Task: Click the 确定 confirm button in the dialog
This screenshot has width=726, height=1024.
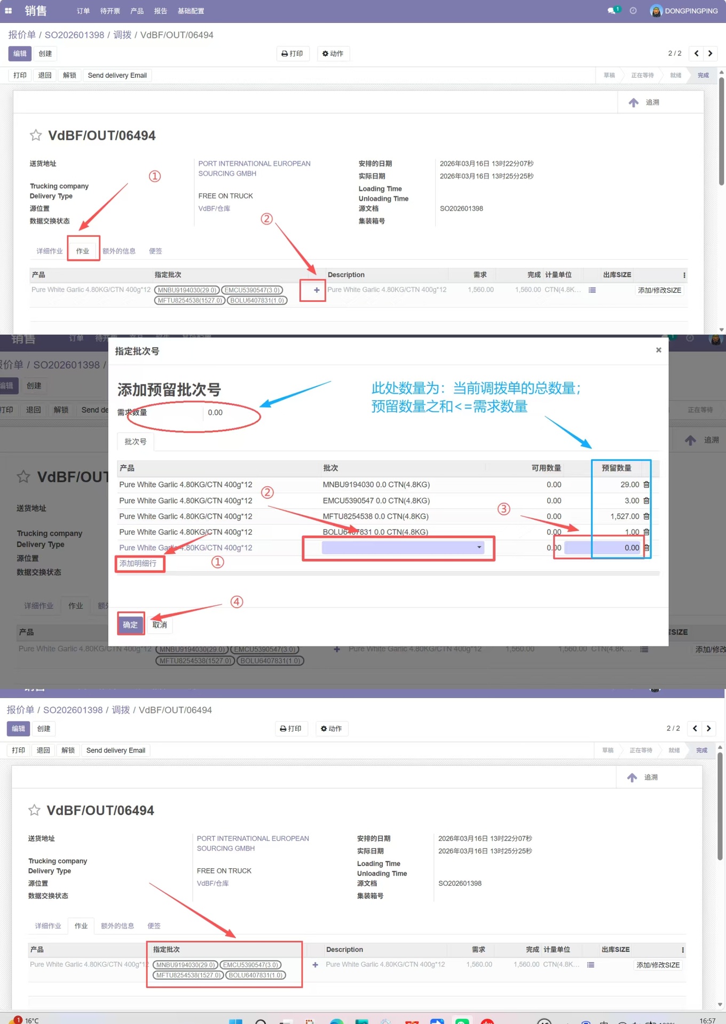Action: (x=130, y=625)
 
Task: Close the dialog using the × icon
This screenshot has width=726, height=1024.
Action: (x=658, y=350)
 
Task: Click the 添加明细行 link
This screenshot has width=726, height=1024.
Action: (x=138, y=563)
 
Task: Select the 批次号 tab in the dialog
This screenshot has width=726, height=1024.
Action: (x=136, y=442)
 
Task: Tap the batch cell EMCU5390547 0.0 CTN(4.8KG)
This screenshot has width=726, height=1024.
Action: (x=376, y=500)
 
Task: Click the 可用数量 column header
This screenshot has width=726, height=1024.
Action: (x=546, y=468)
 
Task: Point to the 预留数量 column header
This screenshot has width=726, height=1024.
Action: (x=616, y=468)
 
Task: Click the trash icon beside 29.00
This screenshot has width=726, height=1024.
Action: (x=646, y=484)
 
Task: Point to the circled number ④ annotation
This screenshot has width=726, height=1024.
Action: (x=236, y=602)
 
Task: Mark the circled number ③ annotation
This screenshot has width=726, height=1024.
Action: (x=503, y=509)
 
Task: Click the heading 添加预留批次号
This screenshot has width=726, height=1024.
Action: (x=169, y=389)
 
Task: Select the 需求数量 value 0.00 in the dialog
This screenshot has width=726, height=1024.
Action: (x=215, y=412)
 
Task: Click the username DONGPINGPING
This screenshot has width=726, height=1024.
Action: (x=691, y=11)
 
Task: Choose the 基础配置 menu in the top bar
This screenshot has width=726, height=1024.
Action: (x=191, y=11)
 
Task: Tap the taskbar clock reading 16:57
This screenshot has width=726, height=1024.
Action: (x=707, y=1020)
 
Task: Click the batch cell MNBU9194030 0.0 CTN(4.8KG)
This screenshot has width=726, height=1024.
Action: (x=376, y=484)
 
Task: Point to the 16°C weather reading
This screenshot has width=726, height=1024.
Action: (x=31, y=1020)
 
